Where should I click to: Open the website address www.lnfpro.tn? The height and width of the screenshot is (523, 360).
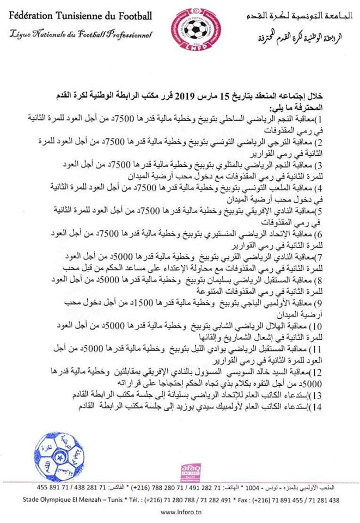tap(182, 512)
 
